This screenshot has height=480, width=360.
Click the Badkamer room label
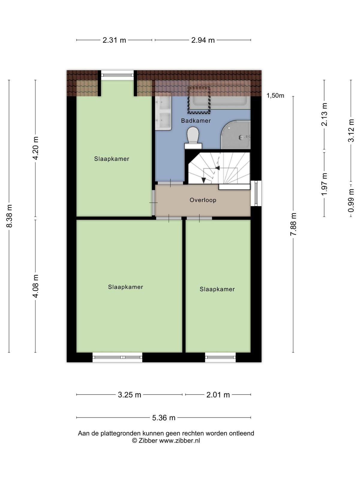(196, 121)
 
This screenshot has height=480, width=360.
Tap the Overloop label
(203, 200)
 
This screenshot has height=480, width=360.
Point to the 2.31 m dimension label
(114, 40)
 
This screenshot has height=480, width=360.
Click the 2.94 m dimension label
(203, 40)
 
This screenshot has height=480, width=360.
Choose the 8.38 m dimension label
(9, 216)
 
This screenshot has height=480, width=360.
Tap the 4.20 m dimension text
(35, 148)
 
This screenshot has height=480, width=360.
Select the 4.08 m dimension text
(35, 286)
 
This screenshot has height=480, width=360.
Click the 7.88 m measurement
(293, 224)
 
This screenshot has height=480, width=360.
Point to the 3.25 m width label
(129, 395)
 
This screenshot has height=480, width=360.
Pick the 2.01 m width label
(218, 395)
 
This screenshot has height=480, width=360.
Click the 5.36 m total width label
(164, 418)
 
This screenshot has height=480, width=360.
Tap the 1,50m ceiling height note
(275, 96)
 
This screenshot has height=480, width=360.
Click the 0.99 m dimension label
(351, 201)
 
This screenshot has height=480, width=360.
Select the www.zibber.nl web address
(179, 440)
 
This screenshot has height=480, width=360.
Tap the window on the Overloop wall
(256, 193)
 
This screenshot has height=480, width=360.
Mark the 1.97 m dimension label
(324, 184)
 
